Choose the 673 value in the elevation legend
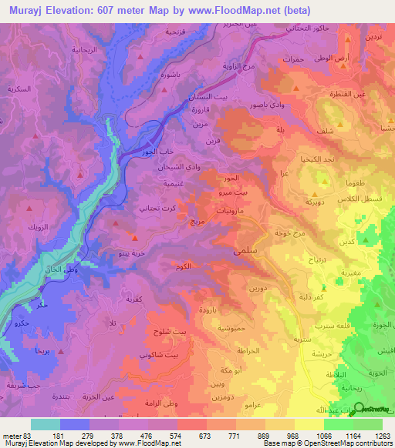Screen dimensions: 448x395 [204, 435]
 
